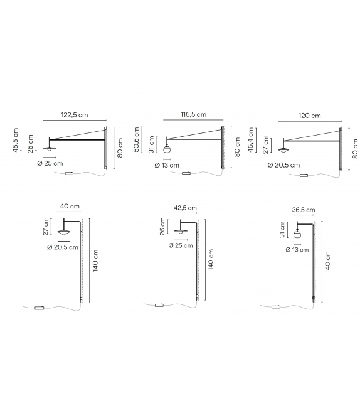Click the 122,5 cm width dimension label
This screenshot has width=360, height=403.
[x=74, y=115]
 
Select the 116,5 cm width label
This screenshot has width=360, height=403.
[x=193, y=115]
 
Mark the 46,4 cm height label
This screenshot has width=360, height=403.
[x=251, y=140]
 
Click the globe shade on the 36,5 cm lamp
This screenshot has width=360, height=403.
[x=299, y=234]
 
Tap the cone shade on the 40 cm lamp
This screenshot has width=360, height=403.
[x=63, y=233]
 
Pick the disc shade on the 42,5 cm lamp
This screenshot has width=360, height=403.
[x=182, y=231]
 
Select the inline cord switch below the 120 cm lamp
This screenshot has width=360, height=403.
[x=304, y=175]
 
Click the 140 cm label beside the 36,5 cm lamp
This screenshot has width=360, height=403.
[x=329, y=263]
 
